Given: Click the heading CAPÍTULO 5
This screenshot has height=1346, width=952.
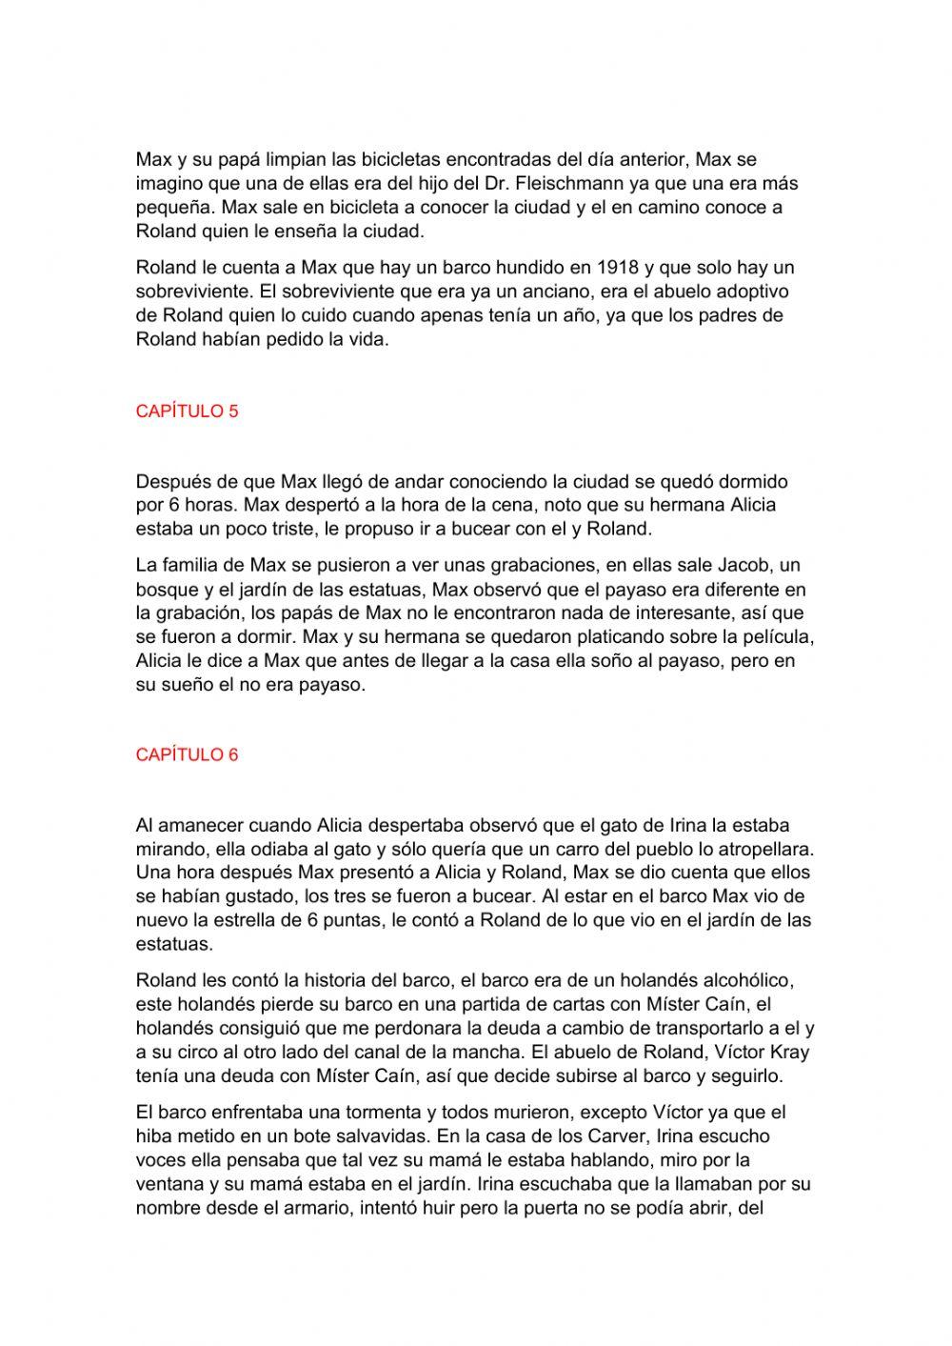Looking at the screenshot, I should coord(187,412).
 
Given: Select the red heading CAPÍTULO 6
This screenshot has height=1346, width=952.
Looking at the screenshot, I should coord(187,755).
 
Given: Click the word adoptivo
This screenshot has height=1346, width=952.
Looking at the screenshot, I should coord(754,292).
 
